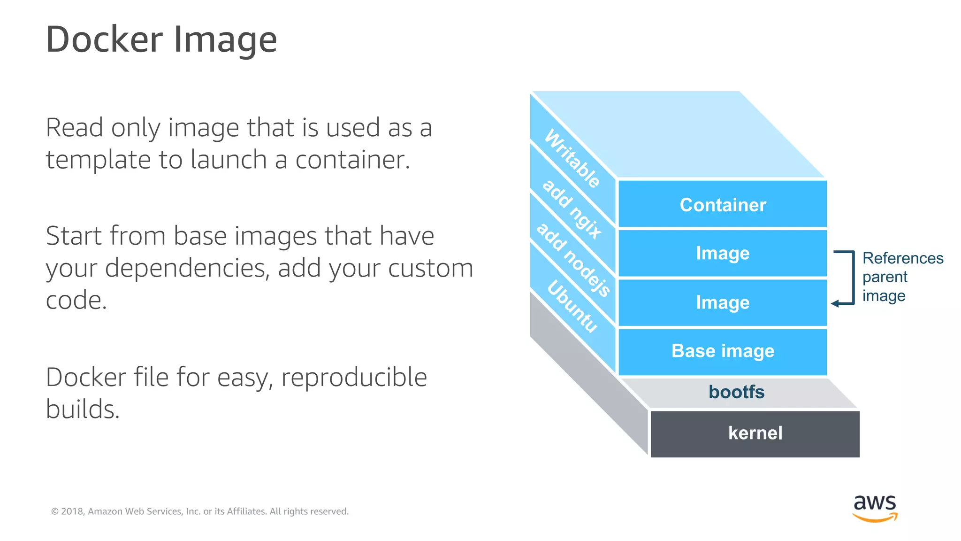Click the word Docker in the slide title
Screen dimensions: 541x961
point(104,39)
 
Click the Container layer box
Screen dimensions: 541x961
point(723,205)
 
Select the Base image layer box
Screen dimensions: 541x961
point(723,351)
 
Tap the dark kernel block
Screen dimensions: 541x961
point(755,433)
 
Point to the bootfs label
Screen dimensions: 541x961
point(736,392)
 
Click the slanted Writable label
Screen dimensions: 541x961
point(572,158)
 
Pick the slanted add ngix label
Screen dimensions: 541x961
point(572,209)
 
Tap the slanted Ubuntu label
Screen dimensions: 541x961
point(572,306)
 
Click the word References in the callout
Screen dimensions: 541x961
point(902,258)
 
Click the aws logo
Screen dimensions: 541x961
point(875,508)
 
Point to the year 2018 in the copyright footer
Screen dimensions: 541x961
point(72,511)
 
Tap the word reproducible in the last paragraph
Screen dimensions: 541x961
point(354,378)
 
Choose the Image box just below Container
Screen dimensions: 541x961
point(723,254)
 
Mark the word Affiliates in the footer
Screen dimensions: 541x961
point(247,511)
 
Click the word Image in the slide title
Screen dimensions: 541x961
point(225,39)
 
